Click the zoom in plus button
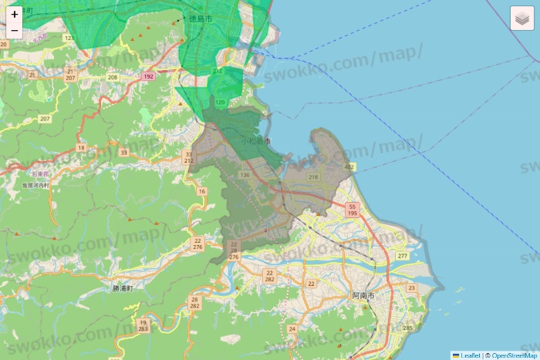pyautogui.click(x=14, y=14)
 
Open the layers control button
pyautogui.click(x=522, y=18)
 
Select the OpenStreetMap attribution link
pyautogui.click(x=514, y=355)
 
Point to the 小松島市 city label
pyautogui.click(x=256, y=142)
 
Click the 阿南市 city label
pyautogui.click(x=363, y=296)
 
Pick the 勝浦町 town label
pyautogui.click(x=123, y=288)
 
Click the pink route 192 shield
pyautogui.click(x=148, y=76)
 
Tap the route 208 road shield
pyautogui.click(x=113, y=77)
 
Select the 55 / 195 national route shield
pyautogui.click(x=352, y=210)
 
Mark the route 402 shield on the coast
pyautogui.click(x=349, y=167)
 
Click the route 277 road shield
pyautogui.click(x=402, y=256)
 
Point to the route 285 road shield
pyautogui.click(x=408, y=328)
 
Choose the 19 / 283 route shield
pyautogui.click(x=143, y=325)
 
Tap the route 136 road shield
pyautogui.click(x=245, y=176)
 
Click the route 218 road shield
pyautogui.click(x=312, y=177)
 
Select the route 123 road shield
pyautogui.click(x=69, y=38)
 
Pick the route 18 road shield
pyautogui.click(x=81, y=147)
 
